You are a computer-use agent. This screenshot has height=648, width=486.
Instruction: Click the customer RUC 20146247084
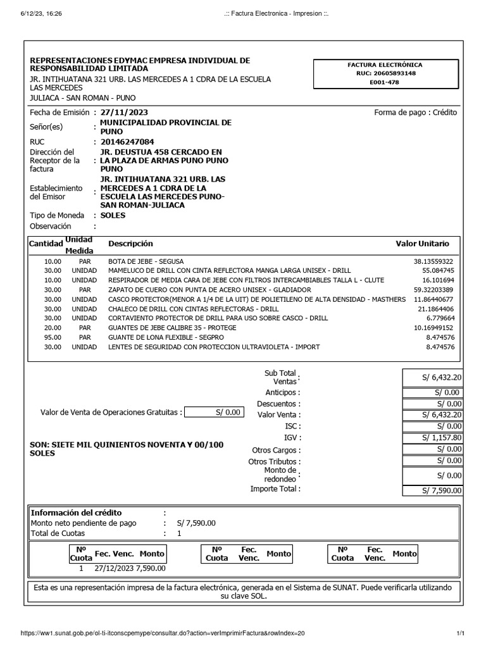127,142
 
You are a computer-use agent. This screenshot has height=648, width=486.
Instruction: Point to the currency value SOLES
113,215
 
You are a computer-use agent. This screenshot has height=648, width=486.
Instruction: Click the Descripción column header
130,244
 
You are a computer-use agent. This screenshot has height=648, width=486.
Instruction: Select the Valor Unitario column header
422,244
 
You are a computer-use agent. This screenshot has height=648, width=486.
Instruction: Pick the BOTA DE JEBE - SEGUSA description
145,261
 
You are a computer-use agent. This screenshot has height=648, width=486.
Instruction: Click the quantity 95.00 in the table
53,337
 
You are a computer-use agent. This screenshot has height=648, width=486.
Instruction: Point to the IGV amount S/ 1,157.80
442,438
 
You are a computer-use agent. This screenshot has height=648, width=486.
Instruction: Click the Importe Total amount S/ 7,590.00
442,490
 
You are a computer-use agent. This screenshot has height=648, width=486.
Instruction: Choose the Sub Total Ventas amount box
433,377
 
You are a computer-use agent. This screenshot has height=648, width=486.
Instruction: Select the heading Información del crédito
77,513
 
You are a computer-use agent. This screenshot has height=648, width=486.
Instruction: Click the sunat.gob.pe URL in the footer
163,633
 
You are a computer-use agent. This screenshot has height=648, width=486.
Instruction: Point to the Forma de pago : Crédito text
415,113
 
